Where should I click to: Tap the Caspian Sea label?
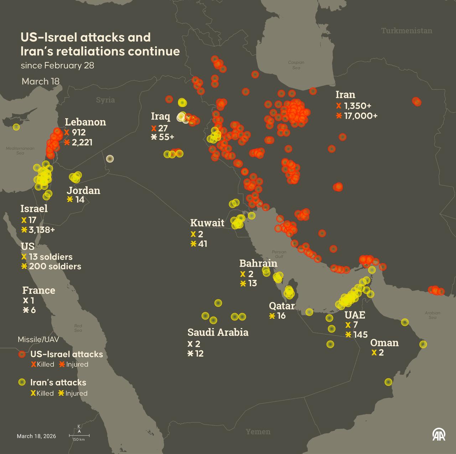(x=296, y=65)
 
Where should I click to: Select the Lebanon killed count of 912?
(x=78, y=132)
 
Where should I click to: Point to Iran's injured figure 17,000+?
(x=361, y=116)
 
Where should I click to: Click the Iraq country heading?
(x=161, y=117)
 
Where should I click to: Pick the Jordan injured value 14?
(x=80, y=200)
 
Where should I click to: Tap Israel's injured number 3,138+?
(x=42, y=230)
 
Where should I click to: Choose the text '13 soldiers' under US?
(x=51, y=257)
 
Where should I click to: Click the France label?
(x=39, y=290)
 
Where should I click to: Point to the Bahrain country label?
(x=258, y=263)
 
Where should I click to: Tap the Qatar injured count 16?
(x=281, y=316)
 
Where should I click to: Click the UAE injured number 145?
(x=360, y=335)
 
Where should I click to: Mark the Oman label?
(x=384, y=343)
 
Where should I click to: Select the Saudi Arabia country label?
(x=218, y=332)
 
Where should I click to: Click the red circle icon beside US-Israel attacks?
(x=22, y=354)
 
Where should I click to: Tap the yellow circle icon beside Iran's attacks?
(x=22, y=382)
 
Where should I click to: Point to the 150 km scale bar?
(x=79, y=435)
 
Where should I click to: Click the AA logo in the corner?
(x=439, y=434)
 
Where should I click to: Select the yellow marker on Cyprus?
(x=16, y=127)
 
